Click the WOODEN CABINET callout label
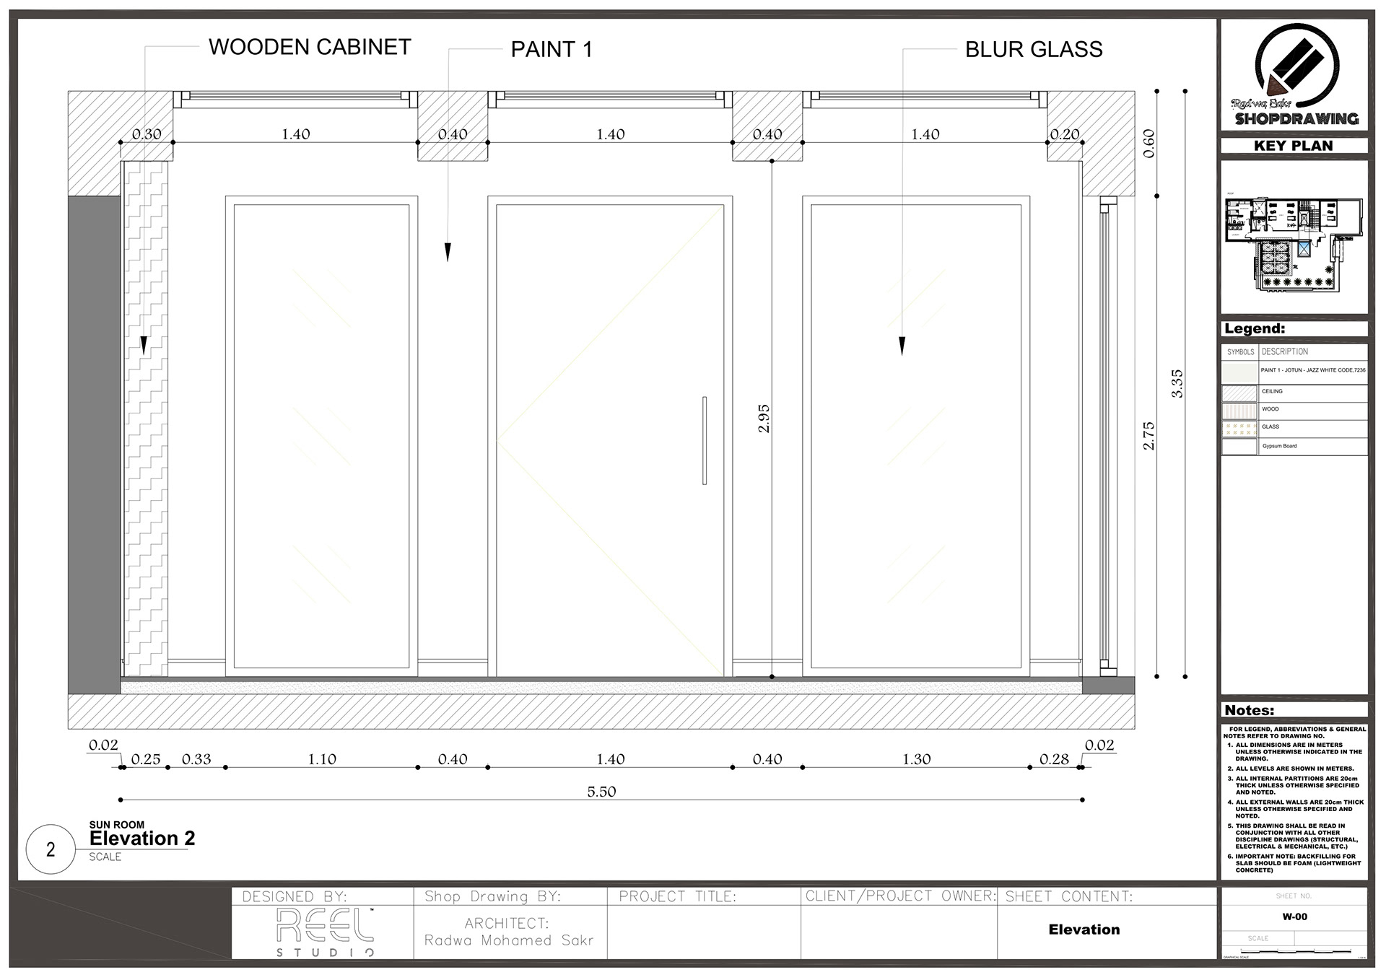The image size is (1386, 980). pyautogui.click(x=310, y=48)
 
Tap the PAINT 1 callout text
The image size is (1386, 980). pyautogui.click(x=552, y=50)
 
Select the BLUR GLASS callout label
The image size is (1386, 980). pyautogui.click(x=1034, y=50)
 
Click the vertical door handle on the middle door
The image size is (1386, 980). pyautogui.click(x=705, y=440)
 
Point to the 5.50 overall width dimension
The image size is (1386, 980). pyautogui.click(x=601, y=792)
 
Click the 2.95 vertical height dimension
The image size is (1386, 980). pyautogui.click(x=764, y=419)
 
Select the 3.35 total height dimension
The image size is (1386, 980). pyautogui.click(x=1177, y=383)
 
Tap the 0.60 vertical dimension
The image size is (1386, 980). pyautogui.click(x=1149, y=143)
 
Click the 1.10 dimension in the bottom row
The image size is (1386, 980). pyautogui.click(x=322, y=759)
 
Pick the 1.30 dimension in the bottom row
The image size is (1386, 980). pyautogui.click(x=917, y=759)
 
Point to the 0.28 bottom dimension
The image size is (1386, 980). pyautogui.click(x=1054, y=759)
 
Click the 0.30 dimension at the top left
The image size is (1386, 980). pyautogui.click(x=147, y=134)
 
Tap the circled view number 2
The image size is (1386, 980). pyautogui.click(x=51, y=849)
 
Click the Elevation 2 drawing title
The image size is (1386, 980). pyautogui.click(x=142, y=839)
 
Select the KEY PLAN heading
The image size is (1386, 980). pyautogui.click(x=1294, y=146)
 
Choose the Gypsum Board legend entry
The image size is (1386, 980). pyautogui.click(x=1279, y=446)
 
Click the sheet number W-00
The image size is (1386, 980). pyautogui.click(x=1294, y=917)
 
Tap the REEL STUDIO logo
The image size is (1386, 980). pyautogui.click(x=325, y=931)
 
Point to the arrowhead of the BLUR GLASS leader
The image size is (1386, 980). pyautogui.click(x=902, y=347)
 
